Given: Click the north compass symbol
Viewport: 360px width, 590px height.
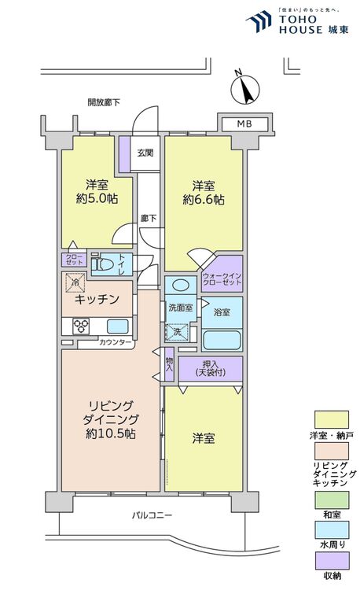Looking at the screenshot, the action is [x=245, y=87].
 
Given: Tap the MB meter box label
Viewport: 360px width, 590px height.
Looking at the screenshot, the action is [x=244, y=124].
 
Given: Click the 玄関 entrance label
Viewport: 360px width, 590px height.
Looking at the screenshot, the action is [x=145, y=153].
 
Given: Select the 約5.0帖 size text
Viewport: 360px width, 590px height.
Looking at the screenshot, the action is [x=97, y=198].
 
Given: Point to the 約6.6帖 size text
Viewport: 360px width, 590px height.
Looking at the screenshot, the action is [x=204, y=199].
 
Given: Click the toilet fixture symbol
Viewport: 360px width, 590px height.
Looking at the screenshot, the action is [x=103, y=264].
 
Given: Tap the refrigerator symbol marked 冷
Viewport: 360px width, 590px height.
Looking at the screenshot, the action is [x=75, y=282].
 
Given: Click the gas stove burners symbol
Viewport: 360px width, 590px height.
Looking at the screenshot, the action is [x=81, y=326].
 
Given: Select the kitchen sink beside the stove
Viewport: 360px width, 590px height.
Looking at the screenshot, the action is [x=118, y=326].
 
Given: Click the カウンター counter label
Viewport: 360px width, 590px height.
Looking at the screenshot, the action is [x=115, y=342].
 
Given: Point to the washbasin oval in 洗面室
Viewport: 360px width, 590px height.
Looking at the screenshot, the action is [x=181, y=286].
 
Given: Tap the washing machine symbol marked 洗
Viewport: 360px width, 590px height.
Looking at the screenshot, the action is [x=177, y=333].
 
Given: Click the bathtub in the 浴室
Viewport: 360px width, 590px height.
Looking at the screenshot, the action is [x=222, y=340].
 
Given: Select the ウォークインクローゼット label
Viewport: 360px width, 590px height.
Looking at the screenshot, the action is [x=222, y=278].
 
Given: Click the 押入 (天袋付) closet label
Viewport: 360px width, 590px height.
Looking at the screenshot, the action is [x=211, y=368].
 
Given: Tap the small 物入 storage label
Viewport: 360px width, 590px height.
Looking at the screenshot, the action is [x=170, y=364].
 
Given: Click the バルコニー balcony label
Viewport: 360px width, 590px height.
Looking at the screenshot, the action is [x=152, y=515].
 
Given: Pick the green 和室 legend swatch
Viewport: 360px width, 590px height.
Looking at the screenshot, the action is [x=332, y=500].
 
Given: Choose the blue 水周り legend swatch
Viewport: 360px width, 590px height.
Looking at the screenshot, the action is [x=332, y=529].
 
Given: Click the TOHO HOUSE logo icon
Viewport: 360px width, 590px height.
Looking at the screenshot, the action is [x=259, y=21].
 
